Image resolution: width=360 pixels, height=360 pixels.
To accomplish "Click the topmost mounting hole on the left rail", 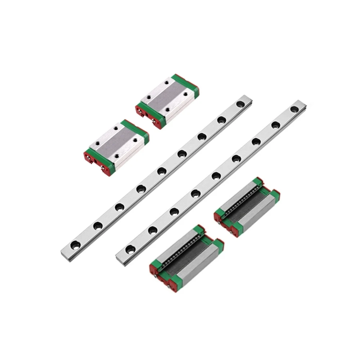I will pyautogui.click(x=239, y=105).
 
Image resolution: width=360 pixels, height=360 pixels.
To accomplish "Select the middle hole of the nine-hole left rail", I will pyautogui.click(x=161, y=171).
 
